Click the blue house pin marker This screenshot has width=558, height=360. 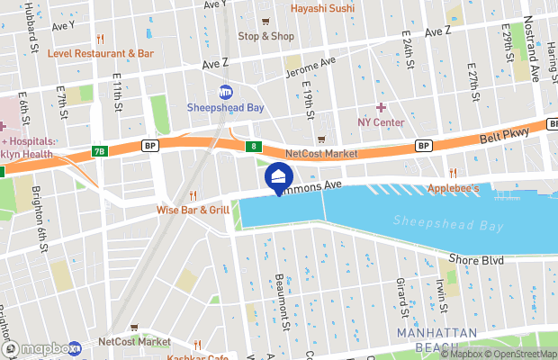coord(278,177)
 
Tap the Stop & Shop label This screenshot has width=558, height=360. coord(265,36)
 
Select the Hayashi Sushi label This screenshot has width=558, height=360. coord(323,9)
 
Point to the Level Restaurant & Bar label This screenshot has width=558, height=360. coord(102,54)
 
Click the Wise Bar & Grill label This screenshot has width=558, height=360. coord(193,210)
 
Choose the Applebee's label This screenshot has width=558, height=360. coord(453,188)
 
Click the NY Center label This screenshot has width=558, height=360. coord(381,122)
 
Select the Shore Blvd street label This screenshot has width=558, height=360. coord(476,259)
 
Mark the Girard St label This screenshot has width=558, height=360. coord(401,292)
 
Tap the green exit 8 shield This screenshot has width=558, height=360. coord(256,146)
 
